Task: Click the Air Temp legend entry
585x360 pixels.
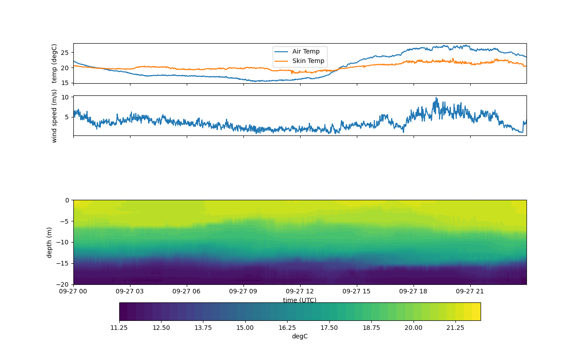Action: tap(306, 52)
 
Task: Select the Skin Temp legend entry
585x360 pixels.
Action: tap(308, 61)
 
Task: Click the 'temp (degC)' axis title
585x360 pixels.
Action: tap(54, 63)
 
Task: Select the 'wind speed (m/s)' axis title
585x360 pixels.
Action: tap(54, 116)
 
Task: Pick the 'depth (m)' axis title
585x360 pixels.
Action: tap(49, 242)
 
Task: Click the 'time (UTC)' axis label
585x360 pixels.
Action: tap(300, 300)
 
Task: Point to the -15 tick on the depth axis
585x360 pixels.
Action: tap(63, 263)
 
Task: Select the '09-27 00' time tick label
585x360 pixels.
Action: tap(74, 291)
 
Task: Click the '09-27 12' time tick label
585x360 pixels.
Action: tap(300, 291)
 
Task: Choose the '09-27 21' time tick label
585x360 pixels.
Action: tap(470, 291)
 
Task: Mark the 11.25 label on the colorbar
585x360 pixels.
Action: tap(119, 328)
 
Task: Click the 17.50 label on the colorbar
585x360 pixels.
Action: tap(329, 328)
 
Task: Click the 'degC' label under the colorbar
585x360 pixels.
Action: tap(300, 337)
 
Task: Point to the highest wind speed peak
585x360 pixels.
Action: tap(436, 98)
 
